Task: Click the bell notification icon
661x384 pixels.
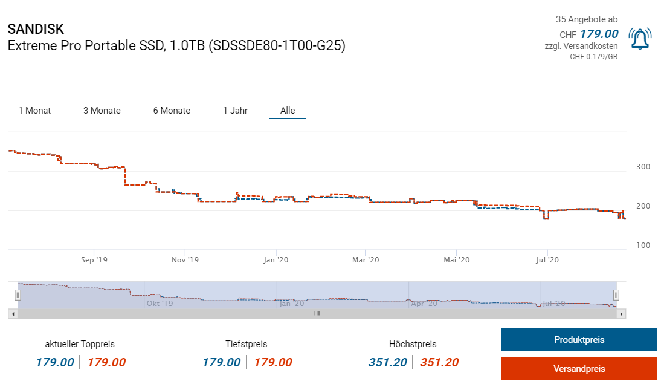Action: tap(639, 39)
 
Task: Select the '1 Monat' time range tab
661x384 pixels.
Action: tap(34, 111)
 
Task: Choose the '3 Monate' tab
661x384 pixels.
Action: tap(102, 111)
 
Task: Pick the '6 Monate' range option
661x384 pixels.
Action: tap(172, 111)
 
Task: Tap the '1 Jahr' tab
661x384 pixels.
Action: tap(235, 111)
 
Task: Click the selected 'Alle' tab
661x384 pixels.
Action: tap(288, 111)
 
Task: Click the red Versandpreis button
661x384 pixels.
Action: tap(579, 369)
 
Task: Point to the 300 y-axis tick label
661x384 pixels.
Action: tap(643, 167)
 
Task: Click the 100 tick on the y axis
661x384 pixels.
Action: tap(643, 245)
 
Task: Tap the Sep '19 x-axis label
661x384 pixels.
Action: tap(94, 260)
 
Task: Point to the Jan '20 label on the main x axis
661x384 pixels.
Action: tap(276, 260)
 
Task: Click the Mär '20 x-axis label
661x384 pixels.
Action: tap(366, 260)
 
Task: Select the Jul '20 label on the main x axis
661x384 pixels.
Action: tap(547, 260)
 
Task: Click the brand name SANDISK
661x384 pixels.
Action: tap(36, 29)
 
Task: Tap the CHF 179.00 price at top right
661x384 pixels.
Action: tap(598, 34)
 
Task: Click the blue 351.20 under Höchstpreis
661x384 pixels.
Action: tap(387, 363)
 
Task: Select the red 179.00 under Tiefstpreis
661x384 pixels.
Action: tap(272, 363)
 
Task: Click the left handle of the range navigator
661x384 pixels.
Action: tap(18, 295)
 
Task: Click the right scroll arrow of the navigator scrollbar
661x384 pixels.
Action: tap(622, 314)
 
